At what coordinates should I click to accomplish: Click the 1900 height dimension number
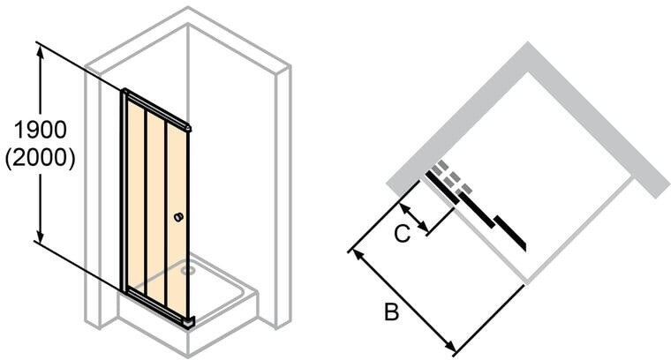(41, 129)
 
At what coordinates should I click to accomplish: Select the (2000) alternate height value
(41, 158)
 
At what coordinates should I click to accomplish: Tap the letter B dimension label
(391, 311)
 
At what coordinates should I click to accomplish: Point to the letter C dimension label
(402, 234)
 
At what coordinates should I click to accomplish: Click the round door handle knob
(178, 217)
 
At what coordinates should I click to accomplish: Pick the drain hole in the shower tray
(186, 271)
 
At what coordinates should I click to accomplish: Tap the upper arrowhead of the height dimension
(41, 51)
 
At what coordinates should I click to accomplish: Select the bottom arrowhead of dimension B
(449, 346)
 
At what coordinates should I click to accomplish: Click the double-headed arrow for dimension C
(413, 219)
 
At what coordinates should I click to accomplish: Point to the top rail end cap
(188, 127)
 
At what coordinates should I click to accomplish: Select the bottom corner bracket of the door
(189, 322)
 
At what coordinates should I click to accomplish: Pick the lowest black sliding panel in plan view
(510, 233)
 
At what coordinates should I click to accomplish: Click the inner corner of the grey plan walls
(529, 71)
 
